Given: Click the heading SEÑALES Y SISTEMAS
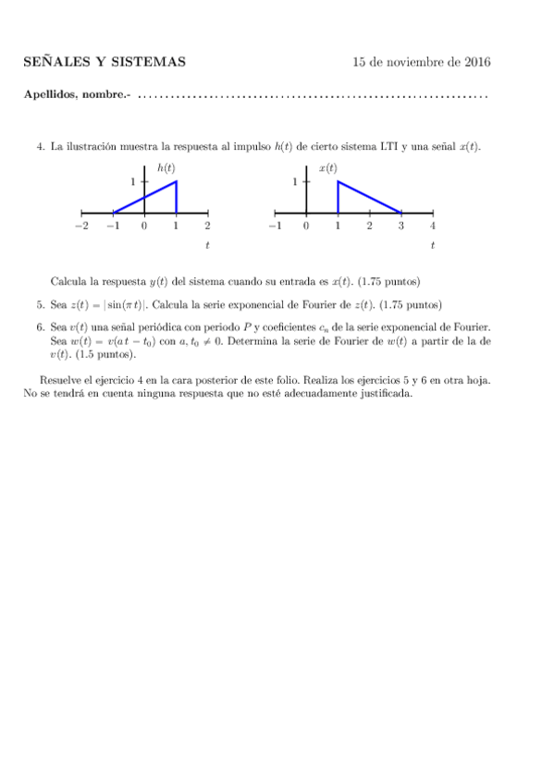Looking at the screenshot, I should pos(104,63).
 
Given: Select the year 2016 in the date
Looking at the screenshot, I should pos(475,63).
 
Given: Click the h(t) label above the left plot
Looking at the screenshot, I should pos(166,168).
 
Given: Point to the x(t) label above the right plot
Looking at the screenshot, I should pos(327,168).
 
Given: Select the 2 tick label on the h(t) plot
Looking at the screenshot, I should pos(207,226).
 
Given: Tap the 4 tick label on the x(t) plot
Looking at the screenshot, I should pos(433,226).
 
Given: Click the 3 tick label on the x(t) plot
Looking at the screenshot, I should pos(400,226).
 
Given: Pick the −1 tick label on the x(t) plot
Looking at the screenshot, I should pos(273,226).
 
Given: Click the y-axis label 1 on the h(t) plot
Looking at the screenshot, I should pos(133,182).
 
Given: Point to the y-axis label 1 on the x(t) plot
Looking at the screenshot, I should pos(295,182).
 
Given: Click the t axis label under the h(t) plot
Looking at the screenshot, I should pos(207,246).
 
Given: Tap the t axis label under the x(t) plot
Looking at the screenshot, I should pos(433,246).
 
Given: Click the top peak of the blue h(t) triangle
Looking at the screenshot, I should pos(176,181).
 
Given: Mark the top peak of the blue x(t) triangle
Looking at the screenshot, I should pos(338,181).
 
